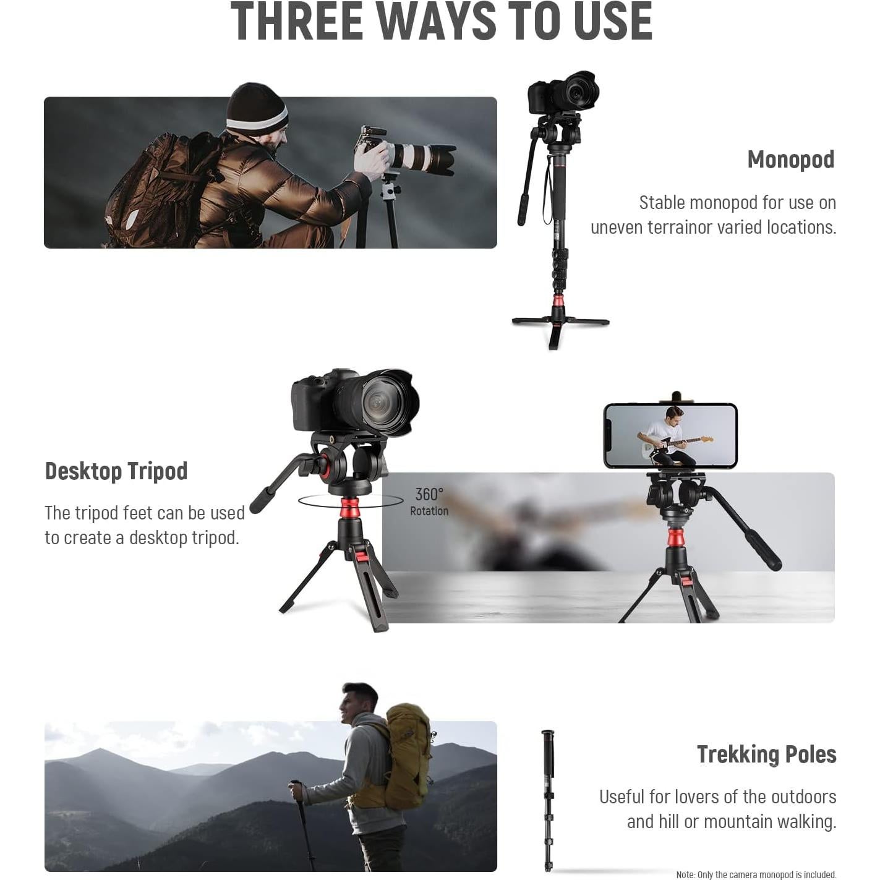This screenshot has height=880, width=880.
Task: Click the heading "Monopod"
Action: (x=790, y=160)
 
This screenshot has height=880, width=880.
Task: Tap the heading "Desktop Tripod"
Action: (x=116, y=471)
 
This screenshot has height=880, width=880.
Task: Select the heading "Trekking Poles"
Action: (x=766, y=754)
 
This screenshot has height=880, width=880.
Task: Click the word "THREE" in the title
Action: (x=296, y=22)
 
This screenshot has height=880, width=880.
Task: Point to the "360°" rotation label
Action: (x=429, y=494)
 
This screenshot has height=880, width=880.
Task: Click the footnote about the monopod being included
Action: (x=756, y=874)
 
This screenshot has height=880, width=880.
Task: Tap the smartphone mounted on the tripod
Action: (x=670, y=435)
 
